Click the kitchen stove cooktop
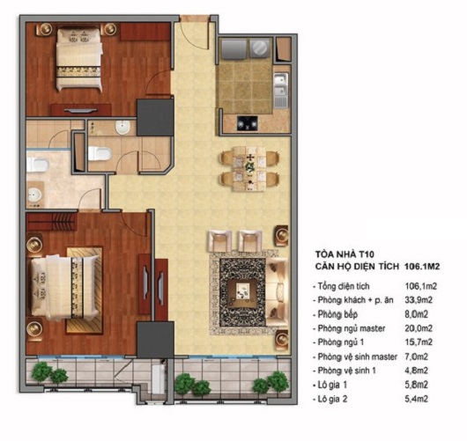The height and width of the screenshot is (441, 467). (248, 123)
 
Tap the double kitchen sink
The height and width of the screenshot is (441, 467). (281, 85)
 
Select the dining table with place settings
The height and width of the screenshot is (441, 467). (249, 168)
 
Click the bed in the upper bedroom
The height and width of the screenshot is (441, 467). (79, 58)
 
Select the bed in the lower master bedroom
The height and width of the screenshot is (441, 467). (64, 288)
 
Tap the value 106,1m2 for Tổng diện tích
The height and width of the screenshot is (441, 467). (420, 286)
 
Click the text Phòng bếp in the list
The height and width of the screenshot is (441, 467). (337, 314)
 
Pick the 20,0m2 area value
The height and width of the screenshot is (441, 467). (419, 328)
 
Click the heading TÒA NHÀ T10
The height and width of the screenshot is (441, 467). (345, 254)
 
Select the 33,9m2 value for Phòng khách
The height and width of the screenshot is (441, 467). (419, 300)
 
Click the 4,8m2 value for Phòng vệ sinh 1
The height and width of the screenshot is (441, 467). (417, 371)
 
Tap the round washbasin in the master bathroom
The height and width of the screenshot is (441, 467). (33, 195)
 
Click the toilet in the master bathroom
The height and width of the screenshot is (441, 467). (37, 165)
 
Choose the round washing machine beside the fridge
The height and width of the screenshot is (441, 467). (259, 48)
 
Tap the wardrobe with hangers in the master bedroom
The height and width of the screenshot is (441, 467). (50, 222)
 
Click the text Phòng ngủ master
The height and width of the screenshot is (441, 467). (352, 328)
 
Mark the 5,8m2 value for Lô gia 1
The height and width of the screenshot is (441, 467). (417, 385)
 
